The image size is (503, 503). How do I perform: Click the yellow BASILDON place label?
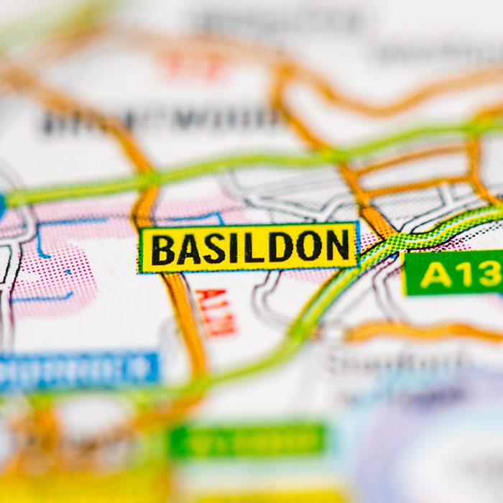249,248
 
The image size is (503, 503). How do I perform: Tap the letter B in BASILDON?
162,249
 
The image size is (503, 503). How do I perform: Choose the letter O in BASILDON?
309,247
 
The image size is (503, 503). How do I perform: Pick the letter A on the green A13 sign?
437,274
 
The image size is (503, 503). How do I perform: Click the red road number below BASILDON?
216,312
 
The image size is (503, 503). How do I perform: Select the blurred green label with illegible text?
248,440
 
